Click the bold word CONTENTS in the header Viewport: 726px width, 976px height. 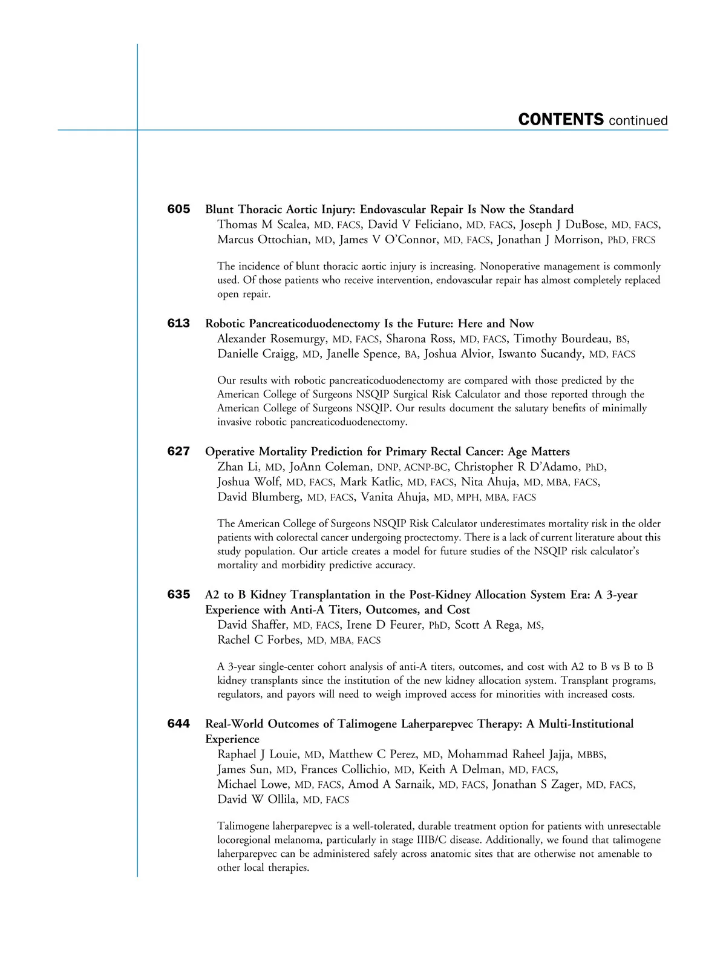click(561, 120)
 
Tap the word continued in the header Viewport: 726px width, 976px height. click(638, 121)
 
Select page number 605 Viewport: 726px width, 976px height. click(178, 209)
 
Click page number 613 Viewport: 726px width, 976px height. click(178, 323)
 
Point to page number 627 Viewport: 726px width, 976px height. click(178, 451)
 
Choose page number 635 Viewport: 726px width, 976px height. click(178, 595)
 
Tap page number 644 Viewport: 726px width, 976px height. click(178, 724)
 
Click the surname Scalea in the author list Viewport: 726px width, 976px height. click(292, 225)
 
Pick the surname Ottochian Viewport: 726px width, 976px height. click(284, 240)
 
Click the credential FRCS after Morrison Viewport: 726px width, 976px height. click(644, 241)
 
